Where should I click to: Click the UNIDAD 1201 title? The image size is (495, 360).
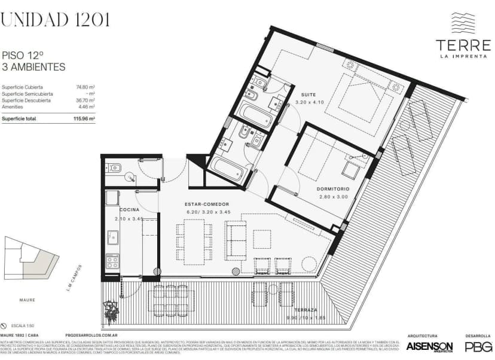55,20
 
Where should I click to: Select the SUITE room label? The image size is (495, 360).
308,95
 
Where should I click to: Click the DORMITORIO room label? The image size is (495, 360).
332,190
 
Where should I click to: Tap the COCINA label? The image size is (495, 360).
130,210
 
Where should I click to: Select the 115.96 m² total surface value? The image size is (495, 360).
84,119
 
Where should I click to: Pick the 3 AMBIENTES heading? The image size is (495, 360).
33,67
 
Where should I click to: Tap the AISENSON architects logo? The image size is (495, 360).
429,346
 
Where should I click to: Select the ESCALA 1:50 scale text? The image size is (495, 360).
22,323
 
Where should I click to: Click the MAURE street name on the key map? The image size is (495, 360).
27,300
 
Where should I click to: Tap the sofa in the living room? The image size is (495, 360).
236,240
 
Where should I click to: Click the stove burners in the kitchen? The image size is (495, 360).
112,261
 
